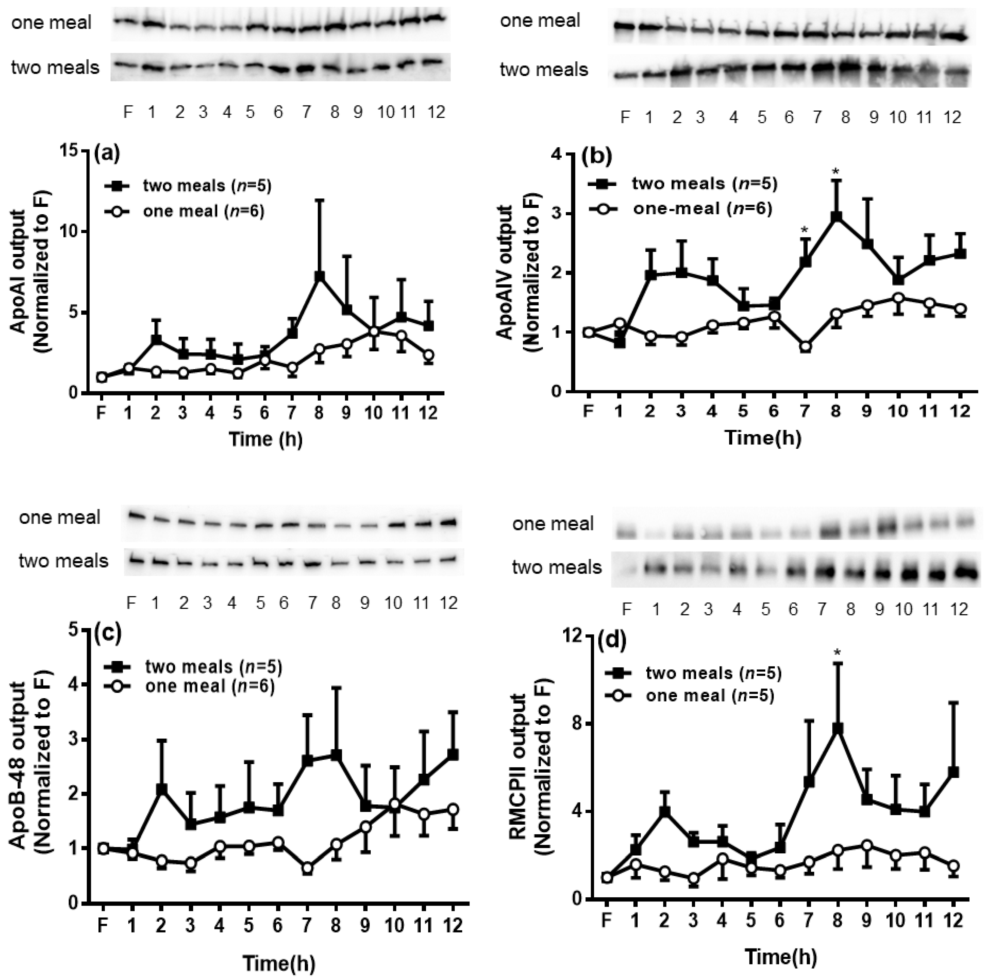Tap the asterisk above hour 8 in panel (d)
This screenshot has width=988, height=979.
tap(837, 652)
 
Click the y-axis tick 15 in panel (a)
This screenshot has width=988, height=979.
tap(70, 150)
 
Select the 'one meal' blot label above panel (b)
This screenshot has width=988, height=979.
tap(540, 21)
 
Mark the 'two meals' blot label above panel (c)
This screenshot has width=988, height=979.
tap(64, 561)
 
